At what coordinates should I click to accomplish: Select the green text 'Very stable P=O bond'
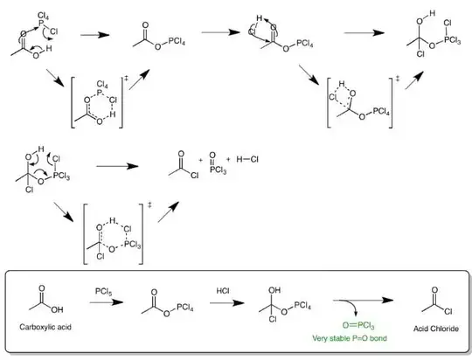(350, 338)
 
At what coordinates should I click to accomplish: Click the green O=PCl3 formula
(347, 327)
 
